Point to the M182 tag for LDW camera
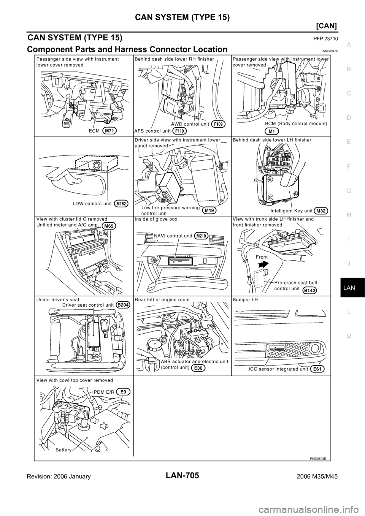pos(121,204)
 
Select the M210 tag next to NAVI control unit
pos(202,236)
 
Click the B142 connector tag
pos(310,290)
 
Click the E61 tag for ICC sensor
pos(317,369)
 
